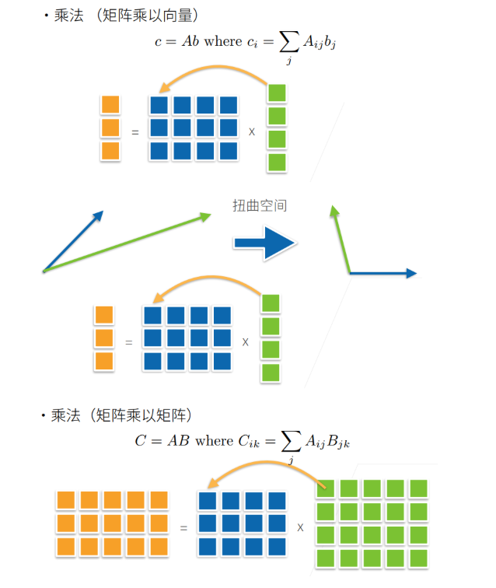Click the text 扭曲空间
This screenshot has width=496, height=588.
click(x=260, y=206)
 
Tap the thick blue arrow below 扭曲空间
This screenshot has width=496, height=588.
click(x=264, y=243)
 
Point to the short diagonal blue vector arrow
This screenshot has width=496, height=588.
click(x=72, y=240)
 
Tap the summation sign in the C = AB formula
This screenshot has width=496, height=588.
click(x=290, y=441)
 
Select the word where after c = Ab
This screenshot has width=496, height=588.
click(x=222, y=41)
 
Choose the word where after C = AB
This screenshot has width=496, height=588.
click(x=214, y=441)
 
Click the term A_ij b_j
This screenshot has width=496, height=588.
click(x=320, y=42)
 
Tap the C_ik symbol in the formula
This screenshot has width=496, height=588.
click(x=249, y=441)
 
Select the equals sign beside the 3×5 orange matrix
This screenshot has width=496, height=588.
click(x=184, y=527)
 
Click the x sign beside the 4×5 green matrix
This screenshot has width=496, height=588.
click(x=300, y=527)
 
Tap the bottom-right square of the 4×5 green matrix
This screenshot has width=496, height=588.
click(x=419, y=558)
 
